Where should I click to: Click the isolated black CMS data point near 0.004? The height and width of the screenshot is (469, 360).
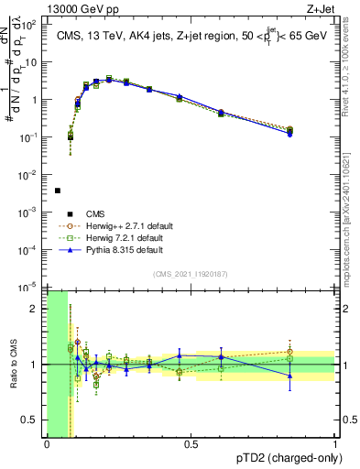point(58,191)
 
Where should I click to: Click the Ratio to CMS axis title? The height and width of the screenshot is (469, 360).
point(14,365)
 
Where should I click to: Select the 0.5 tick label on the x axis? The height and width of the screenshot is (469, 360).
point(191,444)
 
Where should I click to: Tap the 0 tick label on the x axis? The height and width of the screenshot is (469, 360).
point(47,444)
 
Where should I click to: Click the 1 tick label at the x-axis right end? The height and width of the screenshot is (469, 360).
point(335,444)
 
